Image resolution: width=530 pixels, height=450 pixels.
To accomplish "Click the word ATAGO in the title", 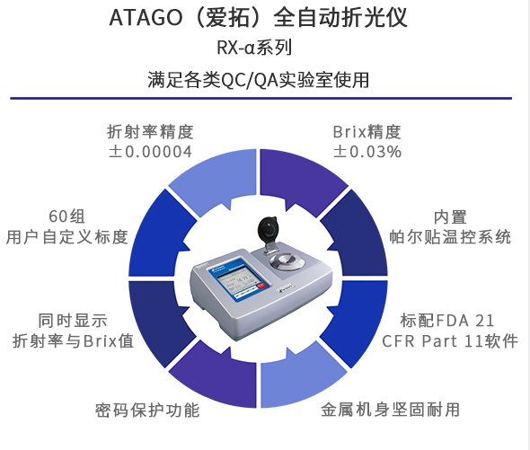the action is point(146,17).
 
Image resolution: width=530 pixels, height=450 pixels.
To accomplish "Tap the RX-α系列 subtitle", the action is point(254,48).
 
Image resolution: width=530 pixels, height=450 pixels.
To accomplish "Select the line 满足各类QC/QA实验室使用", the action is point(258,80).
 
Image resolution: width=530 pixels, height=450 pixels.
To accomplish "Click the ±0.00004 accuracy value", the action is point(150,152).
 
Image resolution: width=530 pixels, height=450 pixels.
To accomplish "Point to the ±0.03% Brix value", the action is point(367,152).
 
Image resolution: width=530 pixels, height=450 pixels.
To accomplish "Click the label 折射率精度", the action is point(150,131).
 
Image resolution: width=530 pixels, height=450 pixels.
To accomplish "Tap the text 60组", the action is point(66,216).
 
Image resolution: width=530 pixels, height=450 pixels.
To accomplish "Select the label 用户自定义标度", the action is point(66,236).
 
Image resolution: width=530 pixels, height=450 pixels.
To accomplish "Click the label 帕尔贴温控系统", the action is point(450,236).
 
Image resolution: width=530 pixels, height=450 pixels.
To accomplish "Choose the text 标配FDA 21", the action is point(447,321).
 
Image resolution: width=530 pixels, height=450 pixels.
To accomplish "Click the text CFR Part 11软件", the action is point(450,340).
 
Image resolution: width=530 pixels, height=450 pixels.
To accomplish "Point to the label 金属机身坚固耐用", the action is point(390,410).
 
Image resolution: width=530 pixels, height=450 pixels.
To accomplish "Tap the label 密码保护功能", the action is point(147,410).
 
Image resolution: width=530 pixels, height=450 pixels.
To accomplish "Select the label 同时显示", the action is point(73,321).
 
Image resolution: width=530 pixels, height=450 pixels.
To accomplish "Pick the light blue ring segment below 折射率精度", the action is point(212,179).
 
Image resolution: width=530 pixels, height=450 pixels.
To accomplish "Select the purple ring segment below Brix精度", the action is point(303,179).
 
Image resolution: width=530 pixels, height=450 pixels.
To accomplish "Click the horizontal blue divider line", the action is point(261,99).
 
